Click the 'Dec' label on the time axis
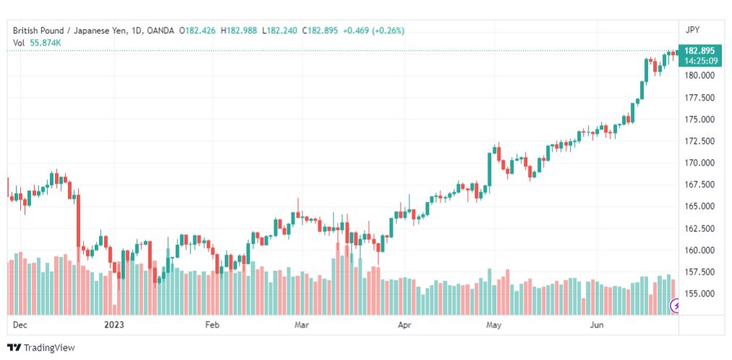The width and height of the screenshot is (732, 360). coord(20,325)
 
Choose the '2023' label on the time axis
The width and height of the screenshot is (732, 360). coord(114,325)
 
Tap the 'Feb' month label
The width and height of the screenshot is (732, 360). coord(211,325)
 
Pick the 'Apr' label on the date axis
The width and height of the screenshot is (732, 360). coord(404,325)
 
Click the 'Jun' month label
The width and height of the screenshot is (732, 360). coord(596,325)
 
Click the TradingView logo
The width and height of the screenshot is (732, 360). coord(41,348)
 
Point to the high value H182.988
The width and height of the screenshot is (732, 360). coord(239,31)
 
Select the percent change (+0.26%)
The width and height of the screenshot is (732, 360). coord(388,31)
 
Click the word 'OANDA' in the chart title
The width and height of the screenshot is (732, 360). coord(160,31)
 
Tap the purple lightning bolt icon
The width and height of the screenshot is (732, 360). coord(676,307)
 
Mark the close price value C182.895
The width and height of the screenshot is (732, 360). coord(320,31)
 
